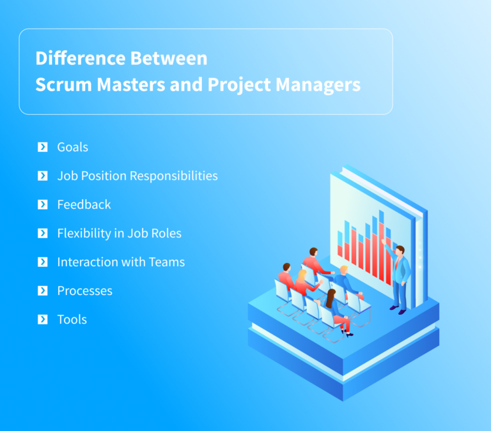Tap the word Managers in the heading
(318, 85)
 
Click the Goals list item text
(72, 147)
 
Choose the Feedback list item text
(84, 204)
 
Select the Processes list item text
(84, 291)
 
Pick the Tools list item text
(72, 319)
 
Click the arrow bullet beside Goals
(43, 147)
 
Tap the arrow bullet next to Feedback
(43, 204)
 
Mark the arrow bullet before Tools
(43, 319)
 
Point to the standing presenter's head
(400, 250)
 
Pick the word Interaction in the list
(86, 262)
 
